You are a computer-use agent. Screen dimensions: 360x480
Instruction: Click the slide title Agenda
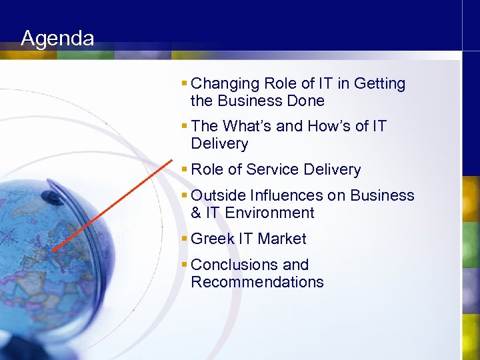point(57,38)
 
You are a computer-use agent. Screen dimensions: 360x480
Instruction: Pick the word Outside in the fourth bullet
point(218,195)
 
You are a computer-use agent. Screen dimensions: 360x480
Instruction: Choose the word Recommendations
point(257,282)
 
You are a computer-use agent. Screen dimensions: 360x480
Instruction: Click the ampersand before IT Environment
point(196,213)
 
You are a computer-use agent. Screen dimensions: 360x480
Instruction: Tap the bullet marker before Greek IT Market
point(184,239)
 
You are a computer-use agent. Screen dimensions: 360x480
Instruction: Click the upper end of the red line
point(172,159)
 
